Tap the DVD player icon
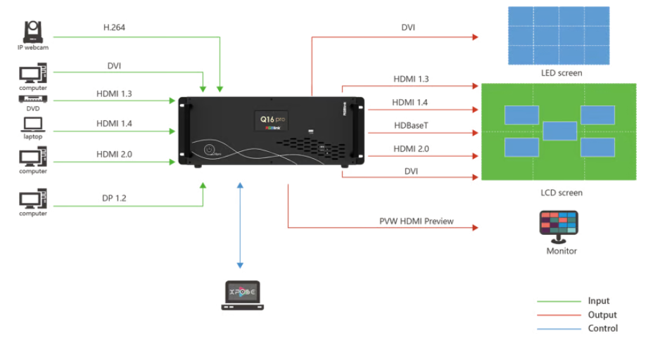32,100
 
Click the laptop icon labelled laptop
33,124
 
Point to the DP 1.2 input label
113,198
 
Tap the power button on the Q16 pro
210,150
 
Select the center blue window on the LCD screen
560,131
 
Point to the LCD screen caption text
561,193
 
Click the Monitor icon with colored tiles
561,226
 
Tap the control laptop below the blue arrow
241,295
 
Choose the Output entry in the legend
602,315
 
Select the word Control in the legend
602,328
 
